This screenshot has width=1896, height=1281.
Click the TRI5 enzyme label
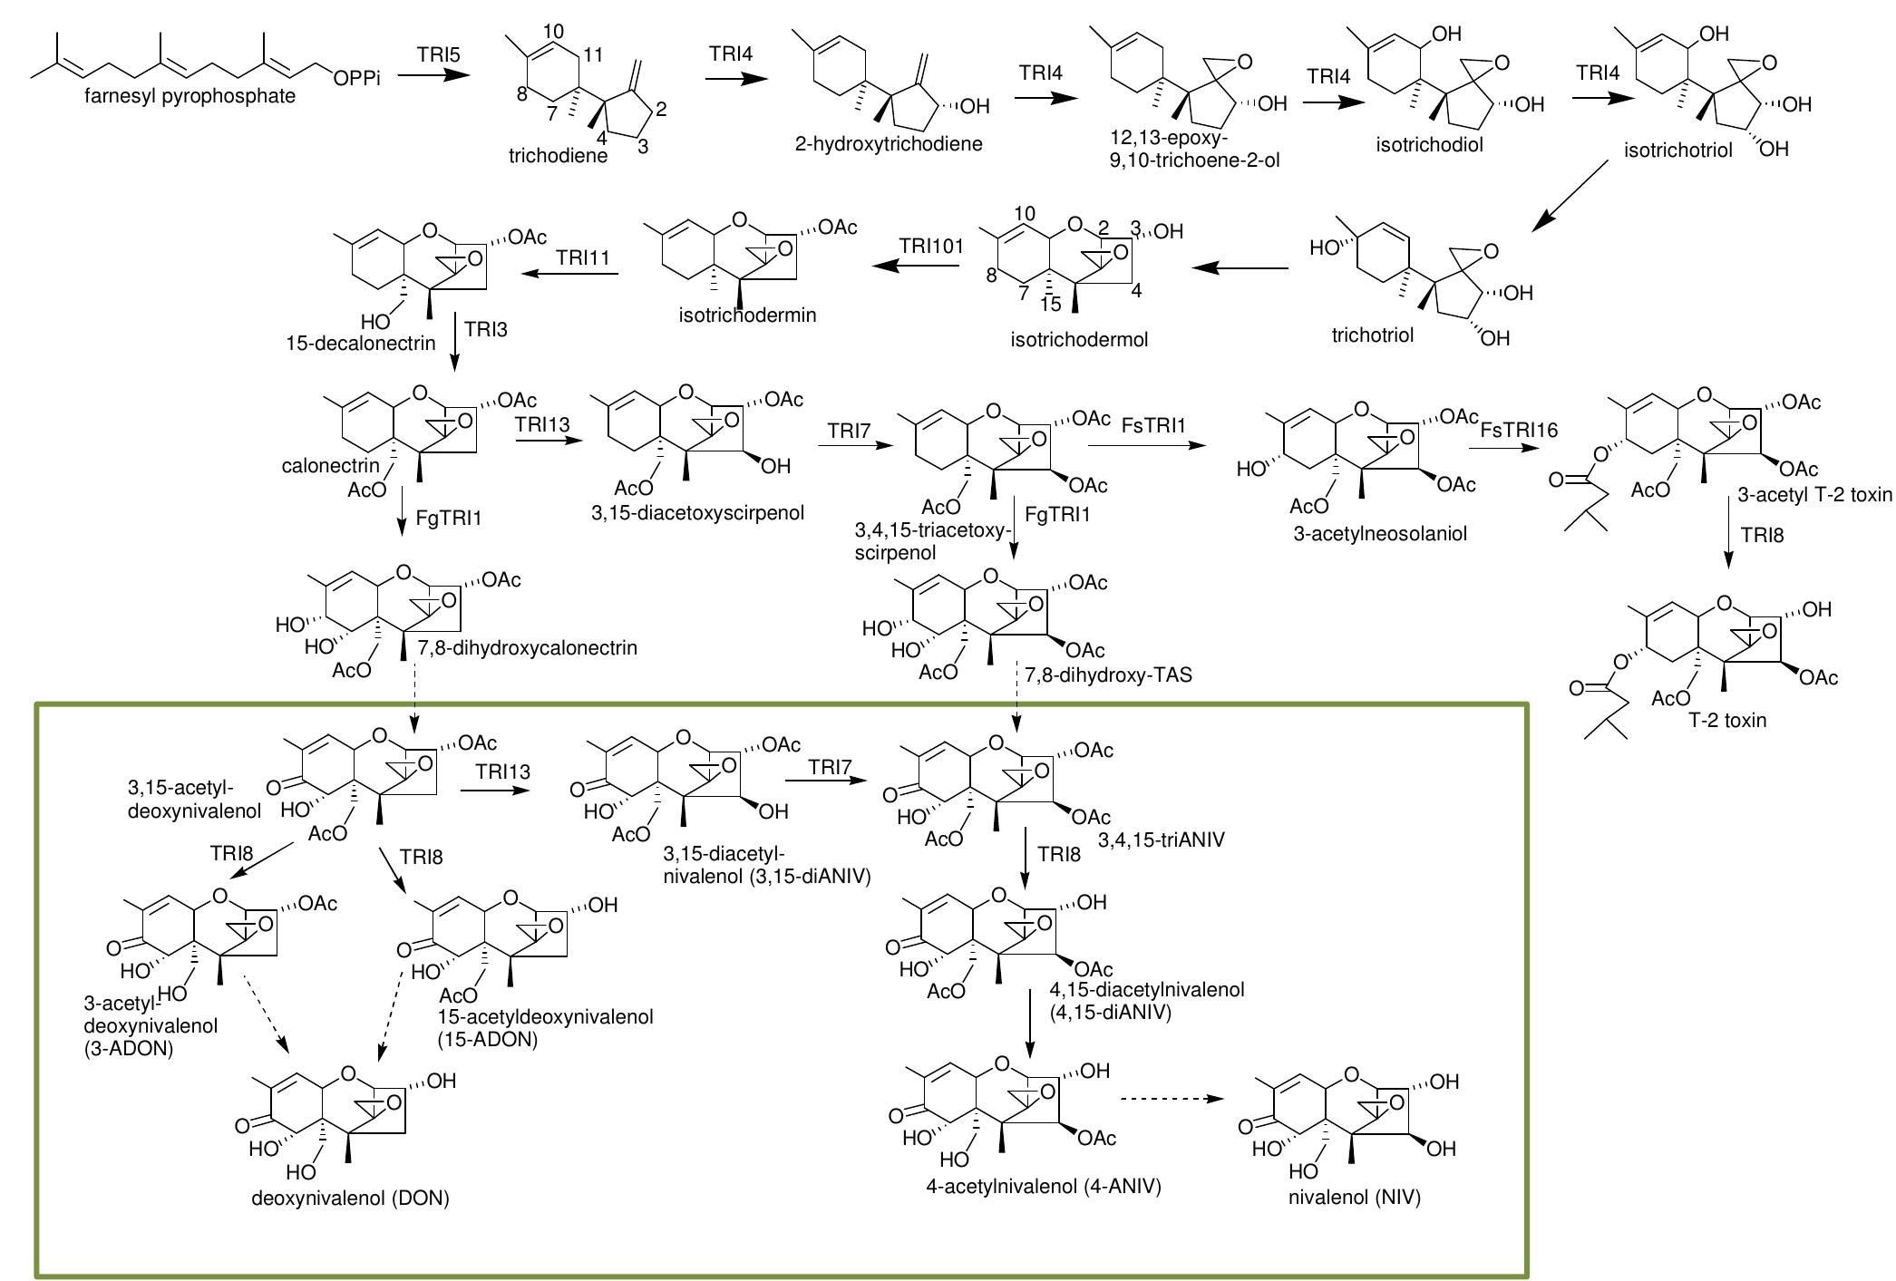439,55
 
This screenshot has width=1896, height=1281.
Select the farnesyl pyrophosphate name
190,96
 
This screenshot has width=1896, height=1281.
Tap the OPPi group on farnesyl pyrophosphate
356,79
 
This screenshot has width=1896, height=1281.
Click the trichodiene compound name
558,155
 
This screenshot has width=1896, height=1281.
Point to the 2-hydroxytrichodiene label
889,143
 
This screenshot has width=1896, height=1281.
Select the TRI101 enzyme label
931,247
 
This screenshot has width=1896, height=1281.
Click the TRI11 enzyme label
584,258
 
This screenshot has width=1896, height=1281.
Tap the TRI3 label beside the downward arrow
486,329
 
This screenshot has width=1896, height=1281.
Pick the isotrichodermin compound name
747,315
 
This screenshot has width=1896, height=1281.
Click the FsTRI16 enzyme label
1519,430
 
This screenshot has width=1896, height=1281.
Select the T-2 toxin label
1727,721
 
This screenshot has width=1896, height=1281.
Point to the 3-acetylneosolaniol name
1379,534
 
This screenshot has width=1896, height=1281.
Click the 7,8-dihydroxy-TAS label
1108,674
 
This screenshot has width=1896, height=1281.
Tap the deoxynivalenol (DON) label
350,1199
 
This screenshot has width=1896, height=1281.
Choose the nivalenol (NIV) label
1354,1198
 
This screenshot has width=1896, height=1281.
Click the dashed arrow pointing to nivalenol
1172,1099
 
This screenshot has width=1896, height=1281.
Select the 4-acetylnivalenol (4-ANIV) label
1044,1186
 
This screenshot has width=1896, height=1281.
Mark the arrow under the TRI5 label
434,77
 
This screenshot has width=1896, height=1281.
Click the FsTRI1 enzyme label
1153,424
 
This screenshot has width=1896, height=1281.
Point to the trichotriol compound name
1372,335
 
